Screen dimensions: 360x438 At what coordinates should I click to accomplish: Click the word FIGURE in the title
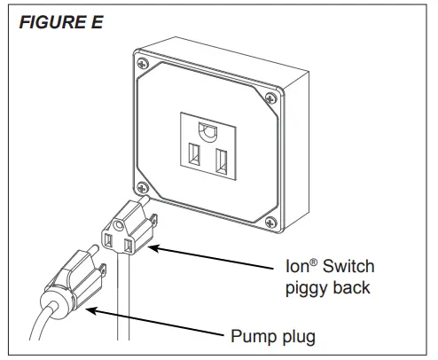pos(46,22)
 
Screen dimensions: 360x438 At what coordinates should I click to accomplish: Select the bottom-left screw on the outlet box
pos(144,185)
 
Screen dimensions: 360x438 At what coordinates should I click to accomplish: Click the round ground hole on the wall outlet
pos(209,131)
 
